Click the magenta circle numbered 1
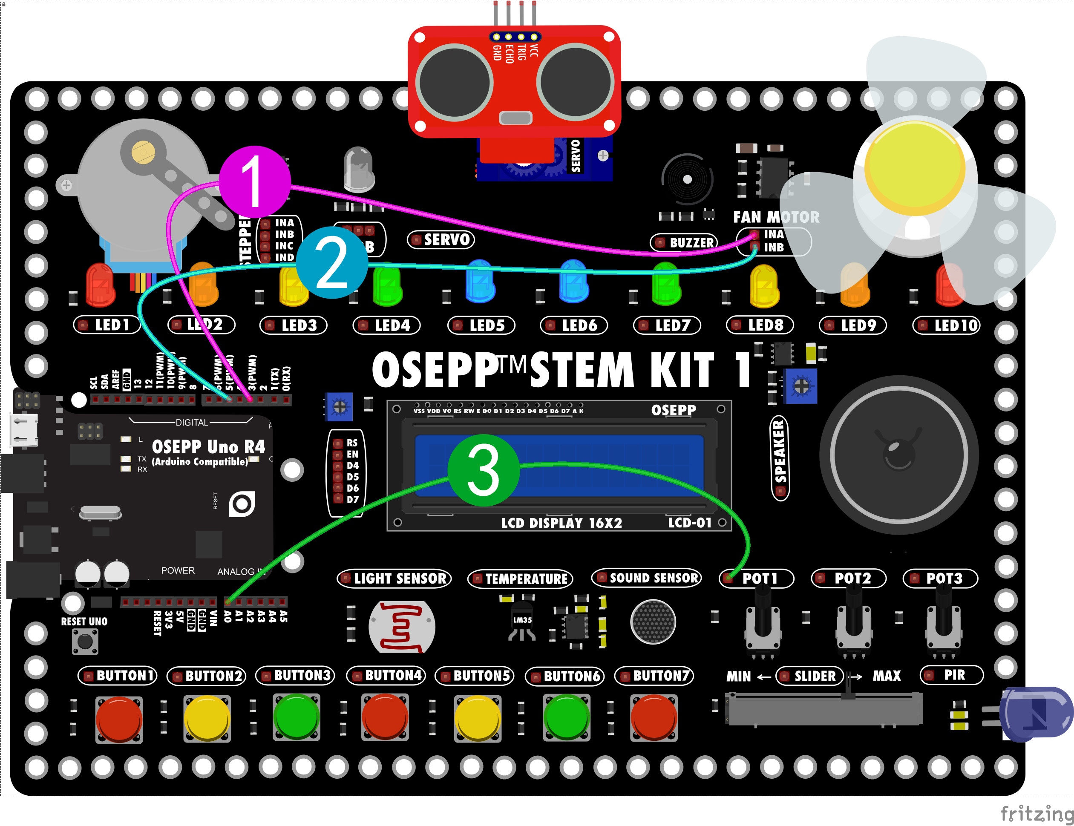coord(254,182)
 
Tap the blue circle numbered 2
coord(332,262)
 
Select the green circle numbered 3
coord(484,470)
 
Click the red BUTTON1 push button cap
coord(119,718)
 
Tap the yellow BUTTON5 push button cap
coord(477,718)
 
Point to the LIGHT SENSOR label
coord(400,578)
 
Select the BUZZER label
coord(691,242)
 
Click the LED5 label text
coord(487,325)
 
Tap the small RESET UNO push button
coord(85,641)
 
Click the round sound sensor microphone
coord(653,622)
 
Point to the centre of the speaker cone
coord(898,455)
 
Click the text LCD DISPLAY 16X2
coord(561,523)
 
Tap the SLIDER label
coord(815,676)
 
